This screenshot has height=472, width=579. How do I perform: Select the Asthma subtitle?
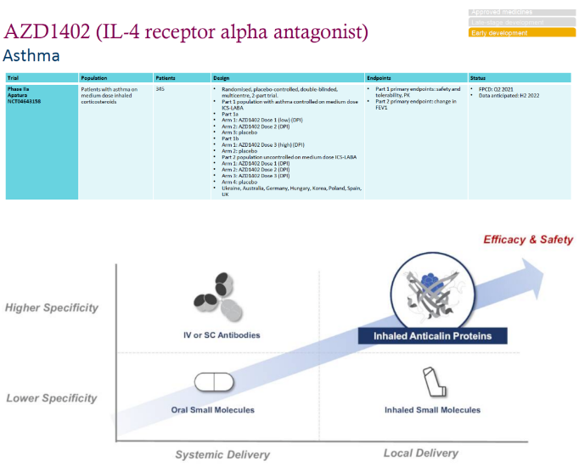tap(31, 56)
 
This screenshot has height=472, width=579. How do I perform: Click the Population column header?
tap(93, 78)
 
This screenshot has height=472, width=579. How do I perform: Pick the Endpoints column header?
tap(379, 78)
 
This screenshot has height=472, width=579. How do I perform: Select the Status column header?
tap(478, 78)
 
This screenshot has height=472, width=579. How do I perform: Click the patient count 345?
tap(160, 88)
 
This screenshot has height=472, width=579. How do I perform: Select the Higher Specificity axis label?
tap(52, 308)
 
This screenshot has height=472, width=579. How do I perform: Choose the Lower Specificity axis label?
tap(52, 398)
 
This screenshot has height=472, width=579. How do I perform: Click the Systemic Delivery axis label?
tap(222, 454)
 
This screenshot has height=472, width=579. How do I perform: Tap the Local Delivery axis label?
tap(421, 453)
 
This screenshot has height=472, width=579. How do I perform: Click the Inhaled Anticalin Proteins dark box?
tap(433, 336)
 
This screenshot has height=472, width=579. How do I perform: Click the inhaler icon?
tap(432, 382)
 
